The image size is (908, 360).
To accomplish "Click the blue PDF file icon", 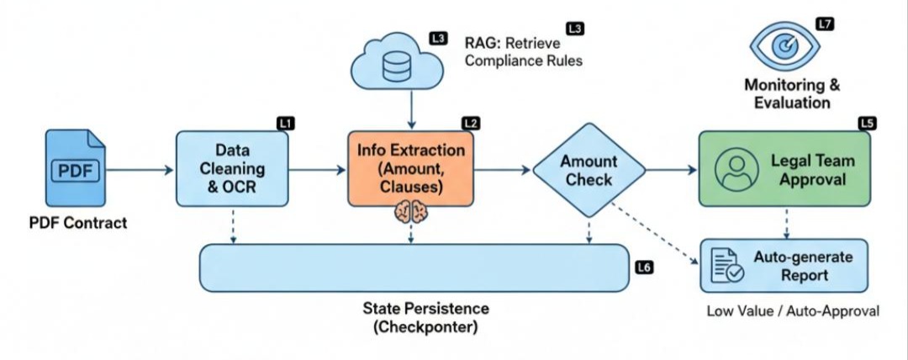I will coord(77,171).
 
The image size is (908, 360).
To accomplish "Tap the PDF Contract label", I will coord(77,223).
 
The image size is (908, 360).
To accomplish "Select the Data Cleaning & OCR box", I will coord(231,169).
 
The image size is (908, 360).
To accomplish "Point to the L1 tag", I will coord(286,124).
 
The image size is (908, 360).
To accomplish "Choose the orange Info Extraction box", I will coord(411,169).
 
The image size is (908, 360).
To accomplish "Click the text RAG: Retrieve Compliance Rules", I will coord(523,50).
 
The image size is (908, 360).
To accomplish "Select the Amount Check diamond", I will coord(589,169).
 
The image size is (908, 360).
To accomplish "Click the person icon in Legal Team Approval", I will coord(731,170).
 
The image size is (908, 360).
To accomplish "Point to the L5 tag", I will coord(867,124).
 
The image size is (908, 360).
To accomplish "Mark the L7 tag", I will coord(825,24).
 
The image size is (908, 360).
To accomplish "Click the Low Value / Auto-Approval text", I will coord(792,311).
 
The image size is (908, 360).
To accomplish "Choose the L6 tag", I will coord(644,267).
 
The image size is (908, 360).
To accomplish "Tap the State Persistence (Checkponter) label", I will coord(425,317).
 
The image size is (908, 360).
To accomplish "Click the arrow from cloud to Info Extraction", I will coord(409,107).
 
